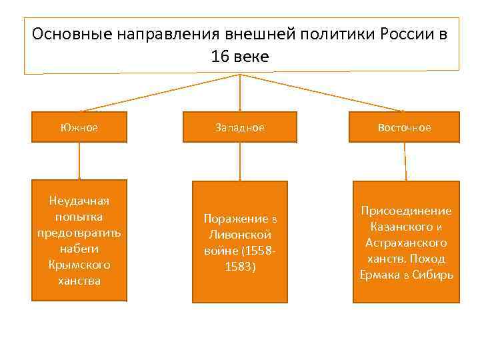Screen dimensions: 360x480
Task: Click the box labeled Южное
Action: tap(79, 127)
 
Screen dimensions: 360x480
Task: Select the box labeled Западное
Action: tap(240, 127)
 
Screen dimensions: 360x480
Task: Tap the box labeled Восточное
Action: tap(405, 127)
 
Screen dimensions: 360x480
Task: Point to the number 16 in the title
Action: tap(219, 57)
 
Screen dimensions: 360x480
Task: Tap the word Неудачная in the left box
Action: tap(79, 201)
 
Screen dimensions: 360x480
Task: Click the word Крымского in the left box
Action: tap(79, 265)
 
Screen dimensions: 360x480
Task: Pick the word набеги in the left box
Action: tap(79, 249)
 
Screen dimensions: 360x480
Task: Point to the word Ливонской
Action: tap(240, 235)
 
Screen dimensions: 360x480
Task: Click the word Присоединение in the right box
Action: tap(406, 211)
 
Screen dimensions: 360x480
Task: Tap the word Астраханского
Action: tap(406, 243)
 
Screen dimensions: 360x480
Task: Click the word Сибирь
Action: tap(433, 275)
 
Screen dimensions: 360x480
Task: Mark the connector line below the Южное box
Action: tap(79, 160)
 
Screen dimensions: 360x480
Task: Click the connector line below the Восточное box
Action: tap(405, 160)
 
